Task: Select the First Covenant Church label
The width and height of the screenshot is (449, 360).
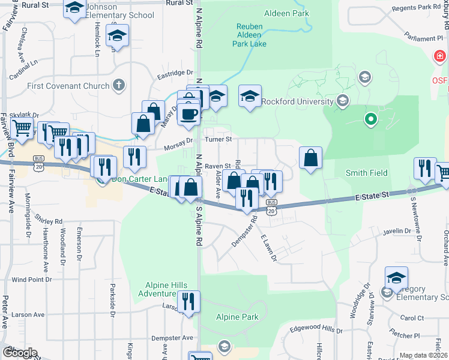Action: (68, 86)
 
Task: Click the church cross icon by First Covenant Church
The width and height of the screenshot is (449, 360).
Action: (119, 85)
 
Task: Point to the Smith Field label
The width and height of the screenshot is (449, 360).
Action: (366, 173)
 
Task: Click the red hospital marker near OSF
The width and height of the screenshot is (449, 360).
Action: (440, 58)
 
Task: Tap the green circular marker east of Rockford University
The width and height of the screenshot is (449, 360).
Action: (371, 119)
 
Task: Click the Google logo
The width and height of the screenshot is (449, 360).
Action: (20, 353)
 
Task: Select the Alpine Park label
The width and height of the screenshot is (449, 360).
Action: (237, 317)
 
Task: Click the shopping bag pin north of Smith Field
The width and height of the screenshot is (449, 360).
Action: (310, 158)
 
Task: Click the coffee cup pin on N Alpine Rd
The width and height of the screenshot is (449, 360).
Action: (188, 114)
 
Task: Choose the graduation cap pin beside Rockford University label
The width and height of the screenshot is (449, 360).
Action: (250, 96)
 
